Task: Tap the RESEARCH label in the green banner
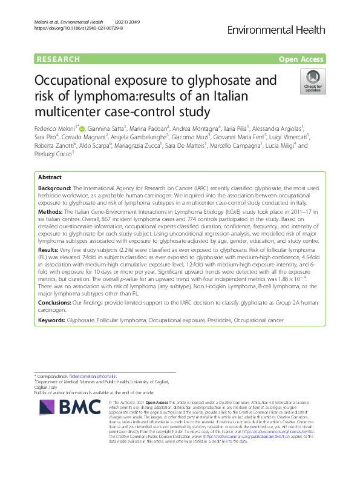(58, 59)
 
